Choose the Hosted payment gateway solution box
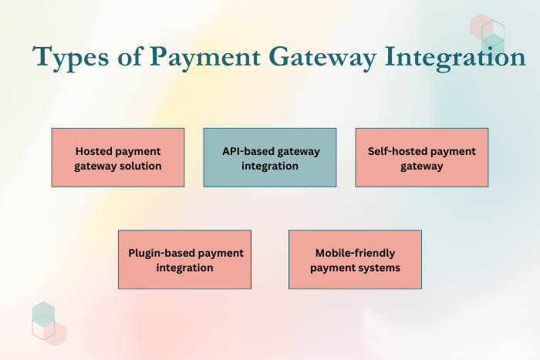click(118, 157)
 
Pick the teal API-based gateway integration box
click(270, 157)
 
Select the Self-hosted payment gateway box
click(422, 157)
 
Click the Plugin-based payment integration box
click(185, 260)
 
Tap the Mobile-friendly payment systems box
click(355, 260)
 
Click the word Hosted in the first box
click(94, 151)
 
